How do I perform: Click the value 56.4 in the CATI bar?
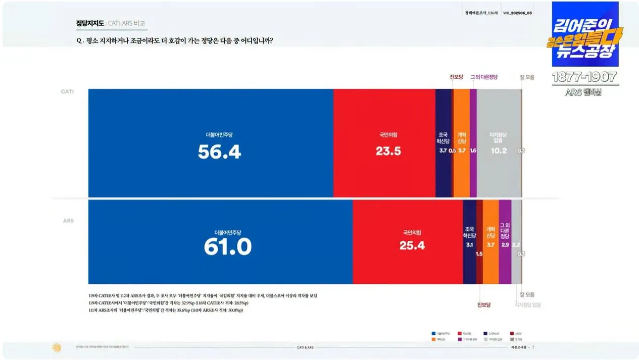coord(219,151)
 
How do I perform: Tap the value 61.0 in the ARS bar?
coord(227,246)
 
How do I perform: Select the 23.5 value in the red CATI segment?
coord(388,151)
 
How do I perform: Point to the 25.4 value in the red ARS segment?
coord(412,246)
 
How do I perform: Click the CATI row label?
coord(68,91)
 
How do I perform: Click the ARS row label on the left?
coord(68,221)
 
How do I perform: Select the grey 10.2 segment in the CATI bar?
coord(498,143)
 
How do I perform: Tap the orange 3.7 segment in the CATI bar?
coord(461,143)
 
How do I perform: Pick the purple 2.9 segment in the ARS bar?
coord(505,241)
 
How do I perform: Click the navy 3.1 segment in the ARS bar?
coord(469,241)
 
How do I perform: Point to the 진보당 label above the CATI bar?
coord(456,77)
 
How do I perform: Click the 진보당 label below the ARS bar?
coord(484,304)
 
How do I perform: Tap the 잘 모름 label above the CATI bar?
coord(527,77)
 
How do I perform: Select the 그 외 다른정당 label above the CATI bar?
coord(484,77)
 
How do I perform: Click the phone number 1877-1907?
coord(584,77)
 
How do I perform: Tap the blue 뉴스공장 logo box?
coord(584,34)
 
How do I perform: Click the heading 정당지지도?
coord(90,23)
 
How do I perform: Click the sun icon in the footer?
coord(57,347)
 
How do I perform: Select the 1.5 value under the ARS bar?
coord(479,254)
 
